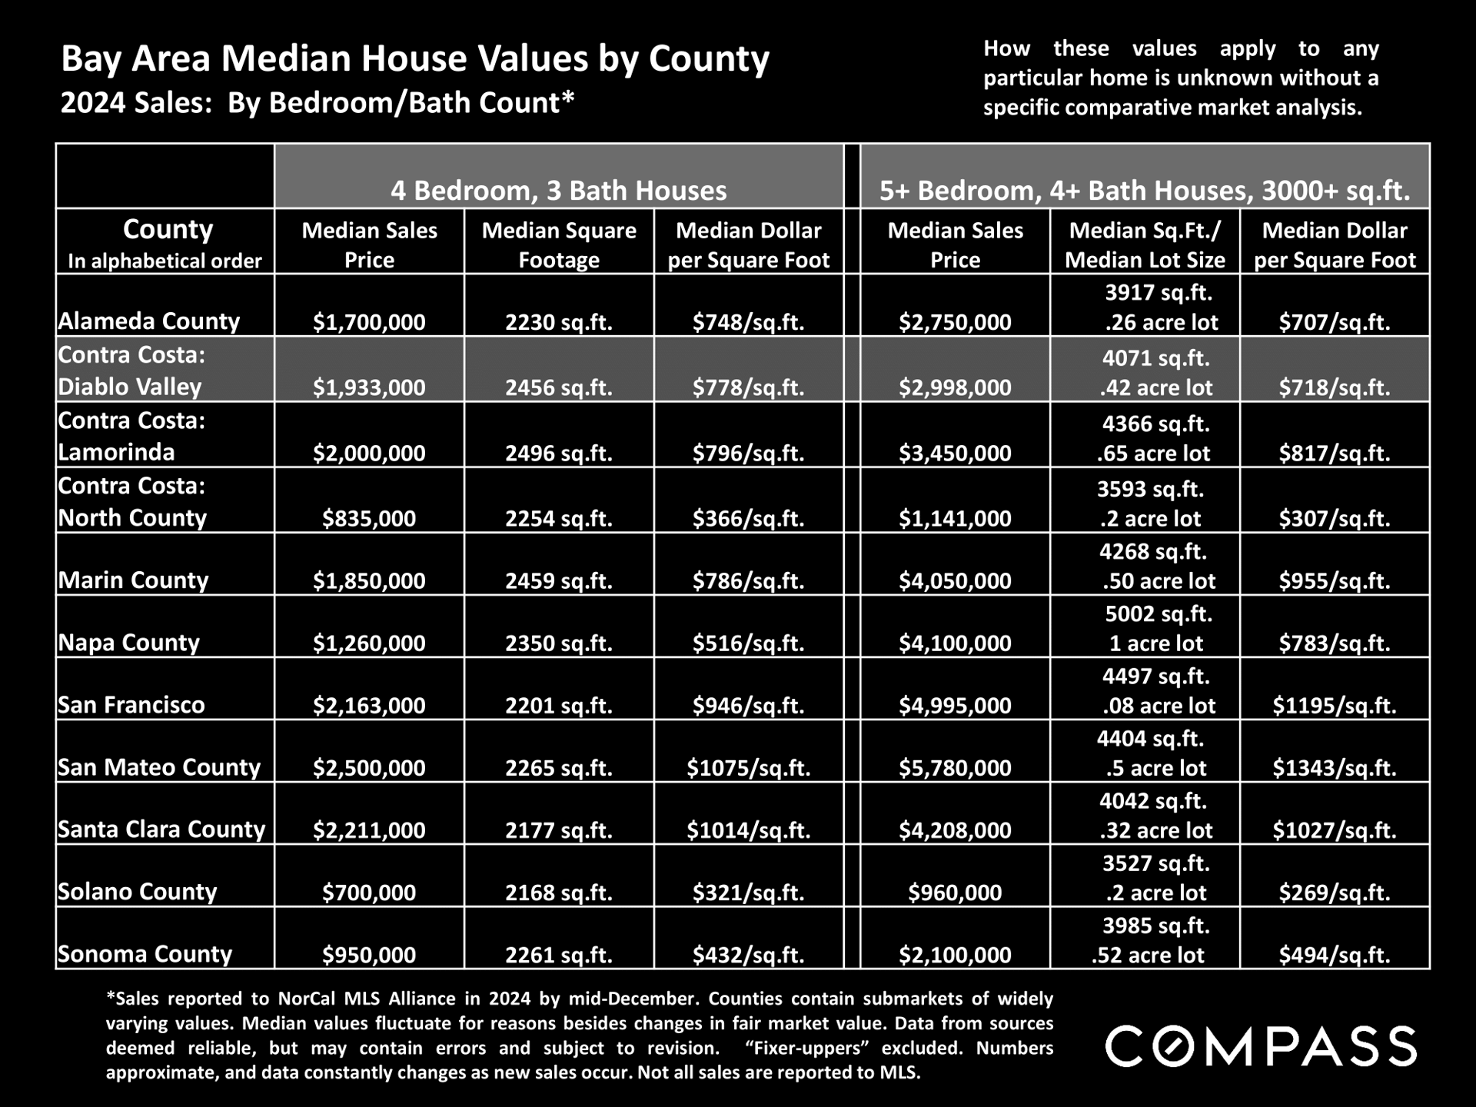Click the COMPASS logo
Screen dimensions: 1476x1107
[1261, 1046]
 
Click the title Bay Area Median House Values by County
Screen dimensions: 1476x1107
[415, 59]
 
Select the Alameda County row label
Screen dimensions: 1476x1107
[149, 321]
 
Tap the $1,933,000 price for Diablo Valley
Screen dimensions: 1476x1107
[369, 387]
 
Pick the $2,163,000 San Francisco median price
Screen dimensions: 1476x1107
[369, 705]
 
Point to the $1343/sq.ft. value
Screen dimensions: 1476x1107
[1335, 767]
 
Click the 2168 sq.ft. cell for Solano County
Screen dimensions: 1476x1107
[559, 893]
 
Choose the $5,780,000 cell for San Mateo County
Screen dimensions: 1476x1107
[956, 767]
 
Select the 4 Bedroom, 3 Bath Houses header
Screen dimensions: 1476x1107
[559, 190]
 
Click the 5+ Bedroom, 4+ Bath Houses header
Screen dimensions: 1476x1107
[1145, 190]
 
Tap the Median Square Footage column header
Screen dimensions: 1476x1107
[559, 244]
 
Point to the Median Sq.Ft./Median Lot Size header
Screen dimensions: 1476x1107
[1145, 244]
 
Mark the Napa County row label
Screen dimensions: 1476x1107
[128, 642]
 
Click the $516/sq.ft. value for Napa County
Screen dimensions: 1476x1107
[749, 643]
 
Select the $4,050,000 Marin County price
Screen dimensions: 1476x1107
[956, 580]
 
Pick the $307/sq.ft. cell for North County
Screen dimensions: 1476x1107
[1335, 518]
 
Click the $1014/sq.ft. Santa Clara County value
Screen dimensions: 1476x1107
[749, 829]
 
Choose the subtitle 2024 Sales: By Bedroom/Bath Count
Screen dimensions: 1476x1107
[317, 102]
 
